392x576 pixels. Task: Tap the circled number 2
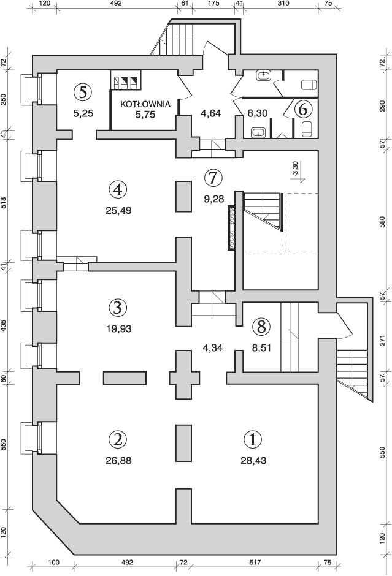117,439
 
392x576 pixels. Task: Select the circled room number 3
117,306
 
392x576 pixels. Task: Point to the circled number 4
117,189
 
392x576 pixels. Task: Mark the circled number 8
261,326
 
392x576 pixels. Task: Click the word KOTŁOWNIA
145,104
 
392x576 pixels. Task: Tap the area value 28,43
253,460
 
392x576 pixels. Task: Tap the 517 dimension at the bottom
255,562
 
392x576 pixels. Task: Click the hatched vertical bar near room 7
232,228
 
